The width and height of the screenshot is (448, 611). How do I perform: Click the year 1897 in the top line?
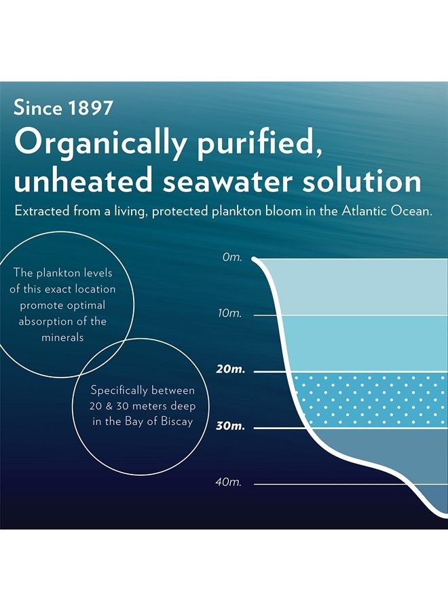coord(92,109)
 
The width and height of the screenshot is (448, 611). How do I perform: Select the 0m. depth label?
coord(232,258)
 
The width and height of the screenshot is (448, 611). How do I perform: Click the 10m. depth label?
coord(230,314)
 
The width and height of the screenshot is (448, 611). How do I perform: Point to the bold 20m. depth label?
coord(229,371)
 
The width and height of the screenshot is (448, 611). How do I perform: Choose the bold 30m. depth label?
coord(229,427)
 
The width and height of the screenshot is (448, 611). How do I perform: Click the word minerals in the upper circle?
coord(62,337)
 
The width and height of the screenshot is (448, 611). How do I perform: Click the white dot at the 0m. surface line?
coord(255,259)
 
